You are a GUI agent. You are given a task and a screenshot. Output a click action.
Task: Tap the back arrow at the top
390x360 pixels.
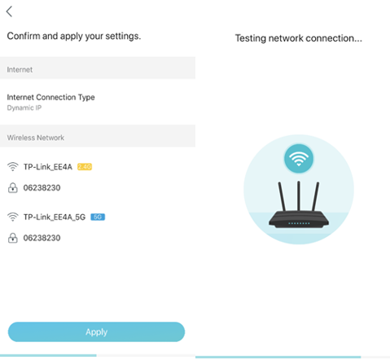[x=9, y=11]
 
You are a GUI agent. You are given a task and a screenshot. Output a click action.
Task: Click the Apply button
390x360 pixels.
[x=96, y=331]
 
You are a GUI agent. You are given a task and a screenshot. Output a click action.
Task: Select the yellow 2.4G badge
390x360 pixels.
[x=85, y=167]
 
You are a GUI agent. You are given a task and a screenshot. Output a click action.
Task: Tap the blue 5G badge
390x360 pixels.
[x=98, y=217]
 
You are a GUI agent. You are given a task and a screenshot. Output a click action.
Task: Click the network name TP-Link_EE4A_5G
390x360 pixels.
[x=55, y=217]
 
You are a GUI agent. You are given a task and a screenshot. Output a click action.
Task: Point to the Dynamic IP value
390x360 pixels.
[x=24, y=108]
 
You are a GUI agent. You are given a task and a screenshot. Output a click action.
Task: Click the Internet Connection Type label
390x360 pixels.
[x=50, y=97]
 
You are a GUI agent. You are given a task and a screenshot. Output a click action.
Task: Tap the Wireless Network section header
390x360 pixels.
[x=36, y=138]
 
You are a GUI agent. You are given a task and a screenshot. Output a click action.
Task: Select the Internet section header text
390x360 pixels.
[x=20, y=70]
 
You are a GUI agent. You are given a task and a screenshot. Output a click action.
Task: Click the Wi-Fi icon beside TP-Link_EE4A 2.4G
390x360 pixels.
[x=12, y=166]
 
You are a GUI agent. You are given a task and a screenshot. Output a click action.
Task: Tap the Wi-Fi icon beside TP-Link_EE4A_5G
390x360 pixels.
[x=12, y=217]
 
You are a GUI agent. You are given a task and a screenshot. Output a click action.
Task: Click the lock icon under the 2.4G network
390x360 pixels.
[x=12, y=187]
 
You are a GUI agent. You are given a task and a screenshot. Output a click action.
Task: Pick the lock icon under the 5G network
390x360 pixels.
[x=12, y=238]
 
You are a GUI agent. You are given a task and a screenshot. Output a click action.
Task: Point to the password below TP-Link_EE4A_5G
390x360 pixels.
[x=42, y=238]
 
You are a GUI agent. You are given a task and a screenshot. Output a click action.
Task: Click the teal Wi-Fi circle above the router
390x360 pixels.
[x=299, y=159]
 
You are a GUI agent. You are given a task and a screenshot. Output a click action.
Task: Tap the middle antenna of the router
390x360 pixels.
[x=299, y=196]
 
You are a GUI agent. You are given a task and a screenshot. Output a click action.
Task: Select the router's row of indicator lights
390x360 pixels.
[x=299, y=223]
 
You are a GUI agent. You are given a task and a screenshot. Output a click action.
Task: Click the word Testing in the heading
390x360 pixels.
[x=251, y=38]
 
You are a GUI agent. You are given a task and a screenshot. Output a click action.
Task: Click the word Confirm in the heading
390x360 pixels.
[x=24, y=36]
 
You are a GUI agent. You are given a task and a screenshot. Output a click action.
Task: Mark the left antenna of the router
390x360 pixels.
[x=282, y=196]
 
